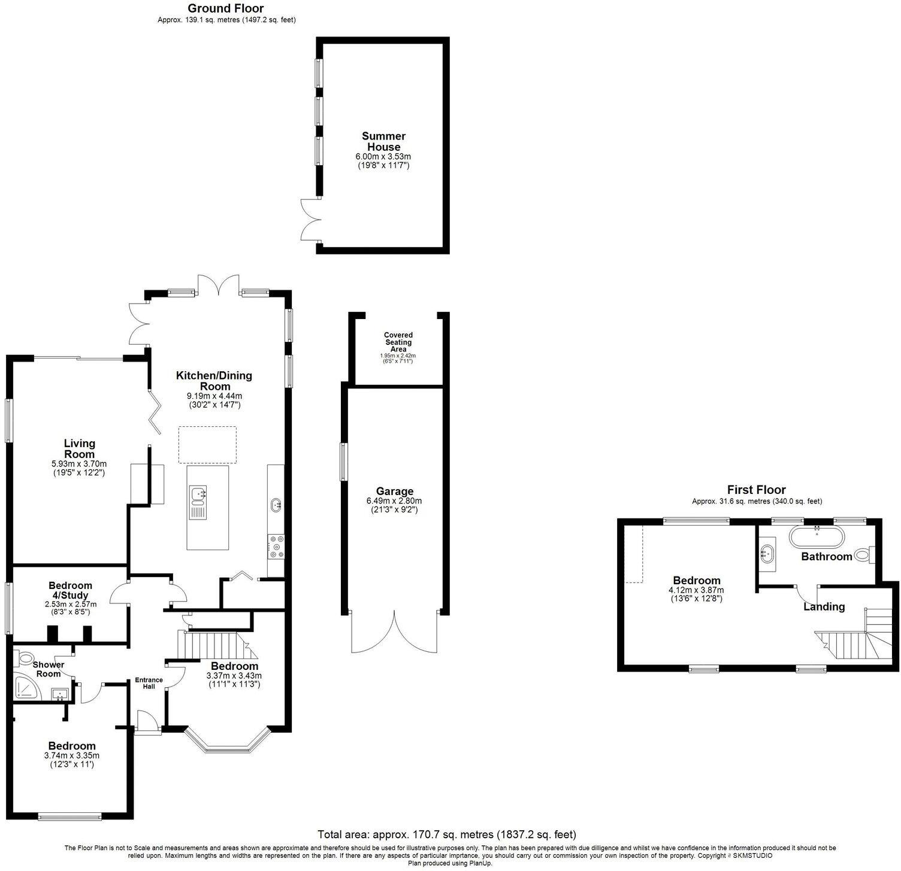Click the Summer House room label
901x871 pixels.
tap(383, 142)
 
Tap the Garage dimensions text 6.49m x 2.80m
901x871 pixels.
tap(394, 501)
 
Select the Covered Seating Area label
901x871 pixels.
tap(398, 342)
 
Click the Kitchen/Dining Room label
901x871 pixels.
tap(214, 381)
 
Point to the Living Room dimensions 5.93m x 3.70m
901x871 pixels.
tap(79, 463)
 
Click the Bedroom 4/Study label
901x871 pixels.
tap(70, 590)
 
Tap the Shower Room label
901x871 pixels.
tap(48, 669)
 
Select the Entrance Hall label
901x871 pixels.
tap(149, 683)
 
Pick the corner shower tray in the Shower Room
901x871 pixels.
tap(28, 687)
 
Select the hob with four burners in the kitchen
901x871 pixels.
tap(276, 547)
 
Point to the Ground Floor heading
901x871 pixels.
tap(225, 8)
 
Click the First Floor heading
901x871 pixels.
tap(756, 490)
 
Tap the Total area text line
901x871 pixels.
tap(446, 834)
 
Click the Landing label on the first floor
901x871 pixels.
tap(824, 606)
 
